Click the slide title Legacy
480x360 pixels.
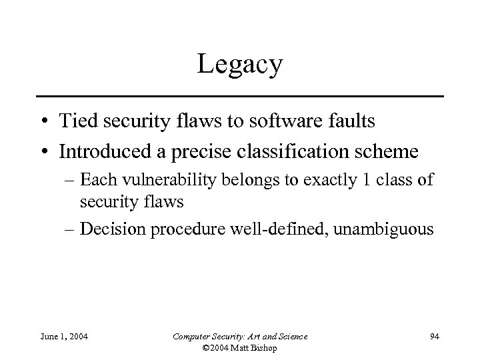pos(239,65)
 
